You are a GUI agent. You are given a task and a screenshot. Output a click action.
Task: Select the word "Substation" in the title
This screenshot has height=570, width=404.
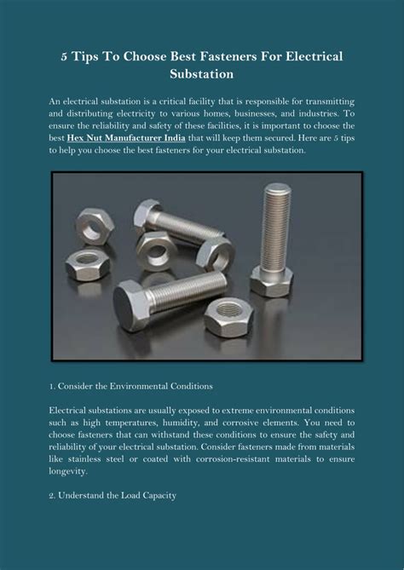point(202,74)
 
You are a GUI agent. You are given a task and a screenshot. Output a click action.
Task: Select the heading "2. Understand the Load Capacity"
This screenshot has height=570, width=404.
point(113,494)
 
